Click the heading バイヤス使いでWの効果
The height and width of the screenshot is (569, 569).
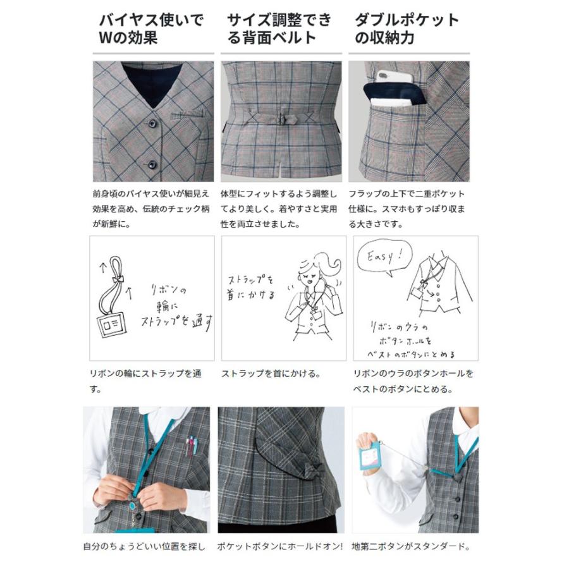152,28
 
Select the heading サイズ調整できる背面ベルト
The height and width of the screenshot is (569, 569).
279,28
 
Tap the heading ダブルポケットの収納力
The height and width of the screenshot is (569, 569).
407,28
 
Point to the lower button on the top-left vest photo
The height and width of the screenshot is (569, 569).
152,165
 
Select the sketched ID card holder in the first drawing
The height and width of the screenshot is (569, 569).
112,326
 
